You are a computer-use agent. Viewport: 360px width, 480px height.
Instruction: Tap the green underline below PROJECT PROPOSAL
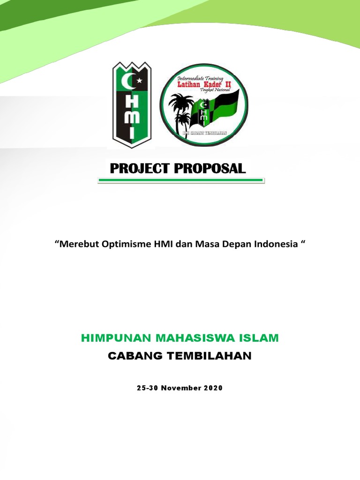(180, 180)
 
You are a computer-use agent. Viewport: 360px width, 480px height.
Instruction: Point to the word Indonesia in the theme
(276, 244)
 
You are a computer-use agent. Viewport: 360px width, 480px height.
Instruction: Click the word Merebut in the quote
(77, 244)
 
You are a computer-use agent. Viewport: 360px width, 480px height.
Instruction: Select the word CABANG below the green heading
(131, 356)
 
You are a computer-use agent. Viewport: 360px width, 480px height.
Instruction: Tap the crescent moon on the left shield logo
(128, 83)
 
